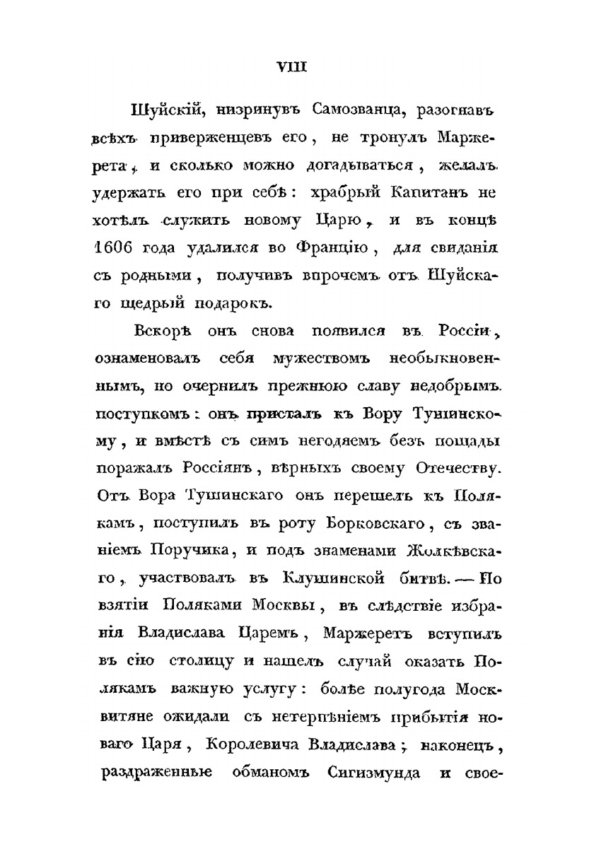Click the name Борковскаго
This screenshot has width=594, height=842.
(x=368, y=522)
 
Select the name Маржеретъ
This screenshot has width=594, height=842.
(x=359, y=631)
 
